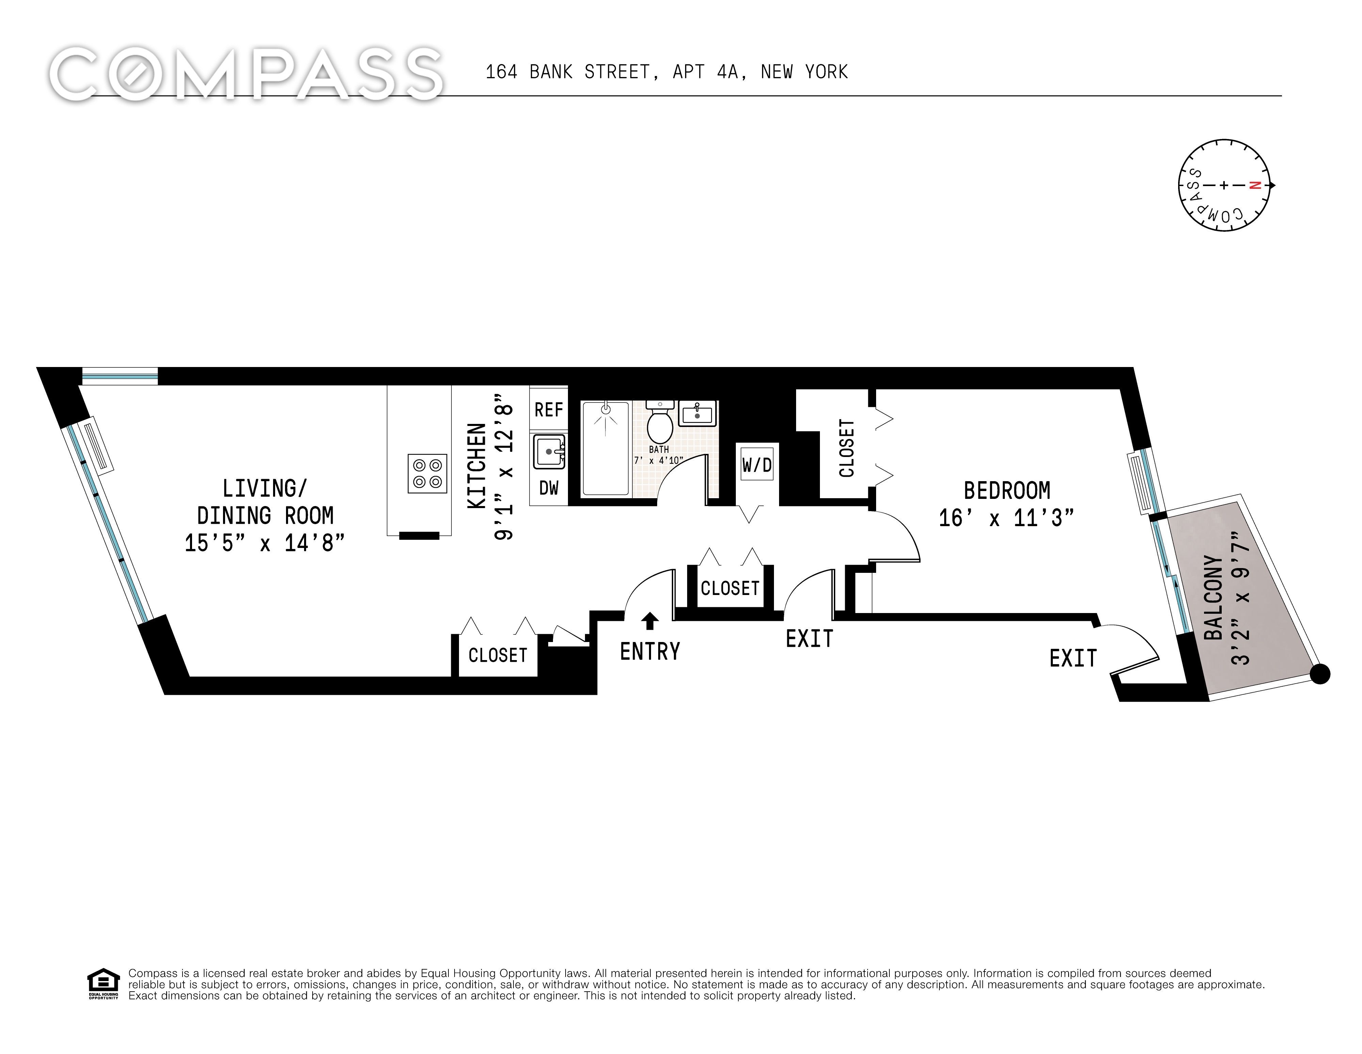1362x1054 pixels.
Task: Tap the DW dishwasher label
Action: (x=549, y=487)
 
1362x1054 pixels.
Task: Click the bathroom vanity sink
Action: (x=698, y=413)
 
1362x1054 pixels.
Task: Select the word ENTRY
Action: (x=650, y=652)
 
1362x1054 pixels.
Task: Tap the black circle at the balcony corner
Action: (x=1320, y=674)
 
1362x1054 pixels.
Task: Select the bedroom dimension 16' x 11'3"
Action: (x=1007, y=518)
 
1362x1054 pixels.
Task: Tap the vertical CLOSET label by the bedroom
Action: (x=846, y=448)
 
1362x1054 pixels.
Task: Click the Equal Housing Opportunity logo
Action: (x=103, y=984)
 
